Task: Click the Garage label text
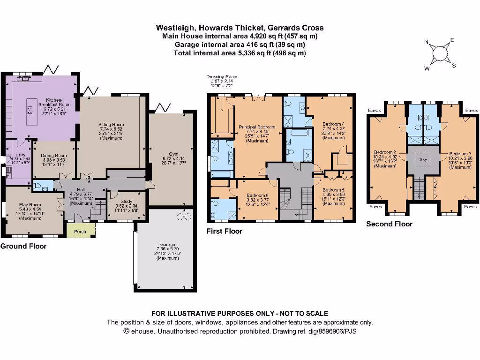tap(167, 245)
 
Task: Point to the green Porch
tap(80, 231)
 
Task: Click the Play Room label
tap(30, 205)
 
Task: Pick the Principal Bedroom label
tap(257, 127)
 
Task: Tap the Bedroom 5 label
tap(333, 191)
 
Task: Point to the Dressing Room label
tap(222, 76)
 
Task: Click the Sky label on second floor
tap(423, 160)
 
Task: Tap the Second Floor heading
tap(389, 224)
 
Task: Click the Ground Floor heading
tap(23, 246)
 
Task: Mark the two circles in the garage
tap(184, 217)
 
